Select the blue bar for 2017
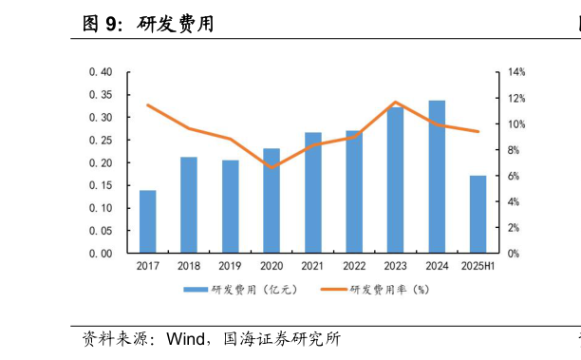(147, 222)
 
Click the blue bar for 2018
(189, 205)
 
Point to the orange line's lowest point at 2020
(272, 167)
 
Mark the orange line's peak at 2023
(395, 103)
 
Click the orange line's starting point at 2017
(147, 105)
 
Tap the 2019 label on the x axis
(230, 267)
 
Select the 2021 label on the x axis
(312, 267)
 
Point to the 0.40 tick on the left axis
(100, 72)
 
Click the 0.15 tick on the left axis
(100, 208)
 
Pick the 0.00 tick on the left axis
(100, 254)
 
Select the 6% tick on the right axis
(513, 176)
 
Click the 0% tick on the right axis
(513, 254)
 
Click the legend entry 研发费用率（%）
(389, 290)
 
